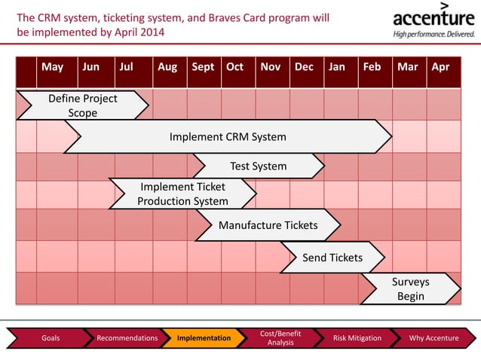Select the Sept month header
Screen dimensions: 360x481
203,67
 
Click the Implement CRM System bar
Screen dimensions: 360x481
228,137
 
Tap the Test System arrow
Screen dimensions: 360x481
259,166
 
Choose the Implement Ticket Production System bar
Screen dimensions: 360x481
182,194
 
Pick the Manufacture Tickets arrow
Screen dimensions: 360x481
268,225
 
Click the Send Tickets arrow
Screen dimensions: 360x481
332,258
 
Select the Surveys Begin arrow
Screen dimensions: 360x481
410,288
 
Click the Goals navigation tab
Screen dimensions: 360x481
51,338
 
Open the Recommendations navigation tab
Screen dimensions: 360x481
127,338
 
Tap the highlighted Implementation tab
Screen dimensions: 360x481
204,338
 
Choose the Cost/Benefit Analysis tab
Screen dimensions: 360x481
280,338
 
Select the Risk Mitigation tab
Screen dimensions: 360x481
357,338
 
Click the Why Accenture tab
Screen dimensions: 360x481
433,338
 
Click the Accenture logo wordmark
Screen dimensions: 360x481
434,18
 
